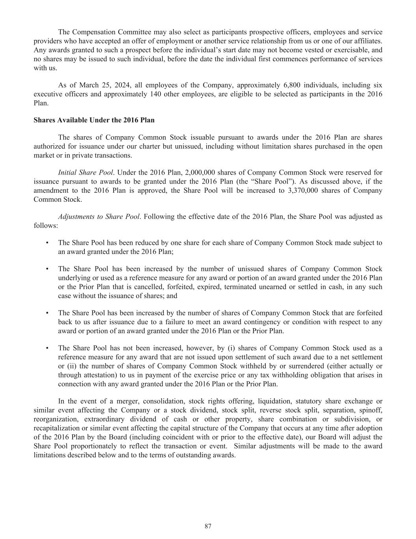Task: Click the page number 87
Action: (208, 526)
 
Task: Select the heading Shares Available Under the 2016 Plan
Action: (94, 120)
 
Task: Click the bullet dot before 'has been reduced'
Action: (47, 243)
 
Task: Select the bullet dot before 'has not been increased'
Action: (47, 348)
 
